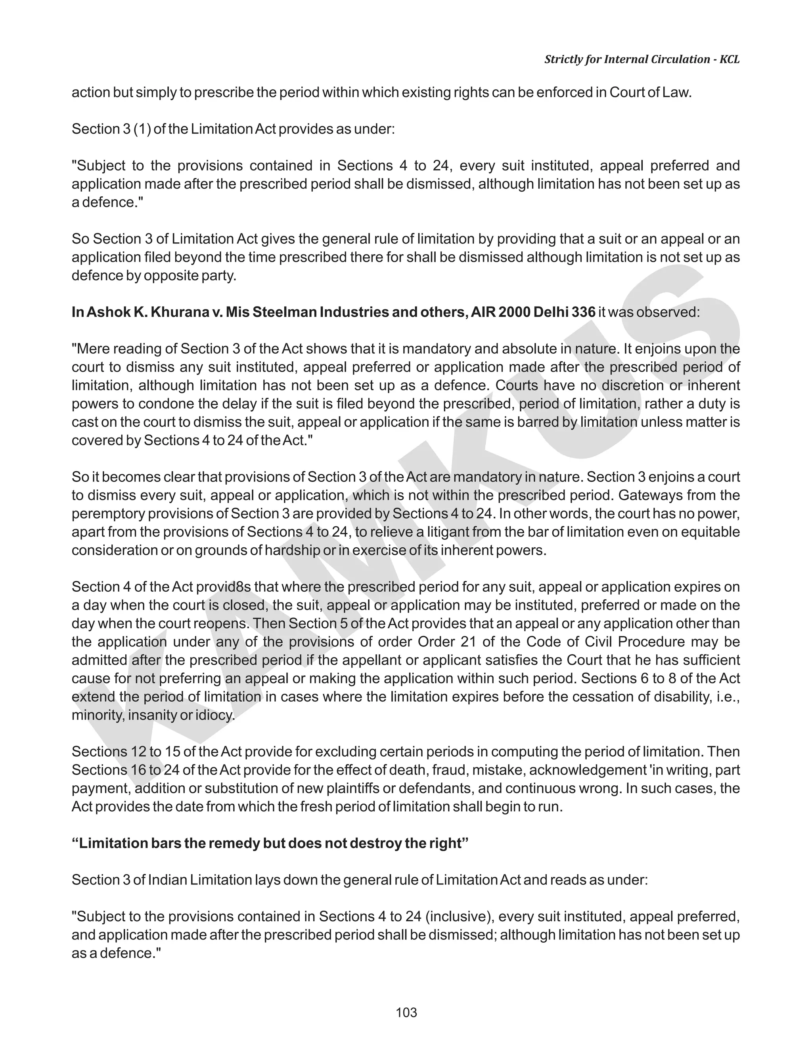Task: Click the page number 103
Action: click(406, 1013)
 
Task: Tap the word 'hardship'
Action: click(293, 550)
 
